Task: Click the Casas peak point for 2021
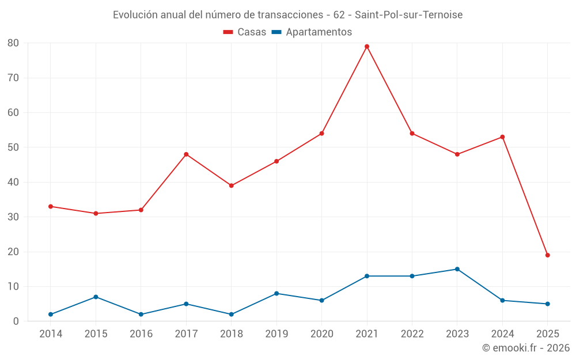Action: coord(367,47)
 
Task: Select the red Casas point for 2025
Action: coord(547,255)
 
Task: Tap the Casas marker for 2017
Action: coord(186,154)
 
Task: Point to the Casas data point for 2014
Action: coord(51,206)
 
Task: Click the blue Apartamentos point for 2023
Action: coord(457,269)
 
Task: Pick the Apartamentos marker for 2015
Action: coord(96,297)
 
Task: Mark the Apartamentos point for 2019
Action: coord(276,293)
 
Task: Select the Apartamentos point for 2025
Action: coord(547,304)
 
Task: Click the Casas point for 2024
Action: coord(502,137)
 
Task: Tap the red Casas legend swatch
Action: coord(228,32)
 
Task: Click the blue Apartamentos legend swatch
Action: coord(276,32)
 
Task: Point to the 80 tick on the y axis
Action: coord(13,43)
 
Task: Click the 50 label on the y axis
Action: coord(13,147)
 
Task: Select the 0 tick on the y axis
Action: coord(16,321)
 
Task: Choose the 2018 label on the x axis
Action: coord(231,334)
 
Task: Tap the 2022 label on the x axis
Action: coord(412,334)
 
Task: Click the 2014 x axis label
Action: coord(51,334)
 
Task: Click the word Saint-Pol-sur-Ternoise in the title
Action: coord(408,15)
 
